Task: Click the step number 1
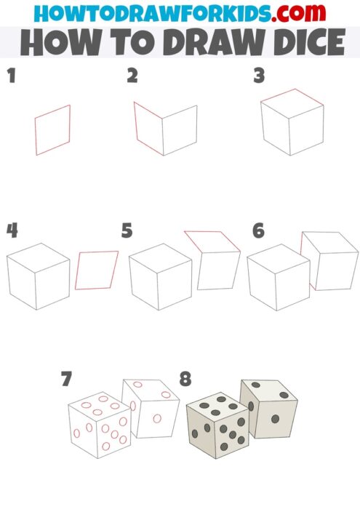pos(11,76)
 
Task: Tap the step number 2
pos(132,76)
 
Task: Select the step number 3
pos(258,76)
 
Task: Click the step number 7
pos(67,379)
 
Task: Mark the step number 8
pos(186,379)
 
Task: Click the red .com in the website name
pos(302,13)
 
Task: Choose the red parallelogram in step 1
pos(53,130)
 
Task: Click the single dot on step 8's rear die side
pos(275,419)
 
